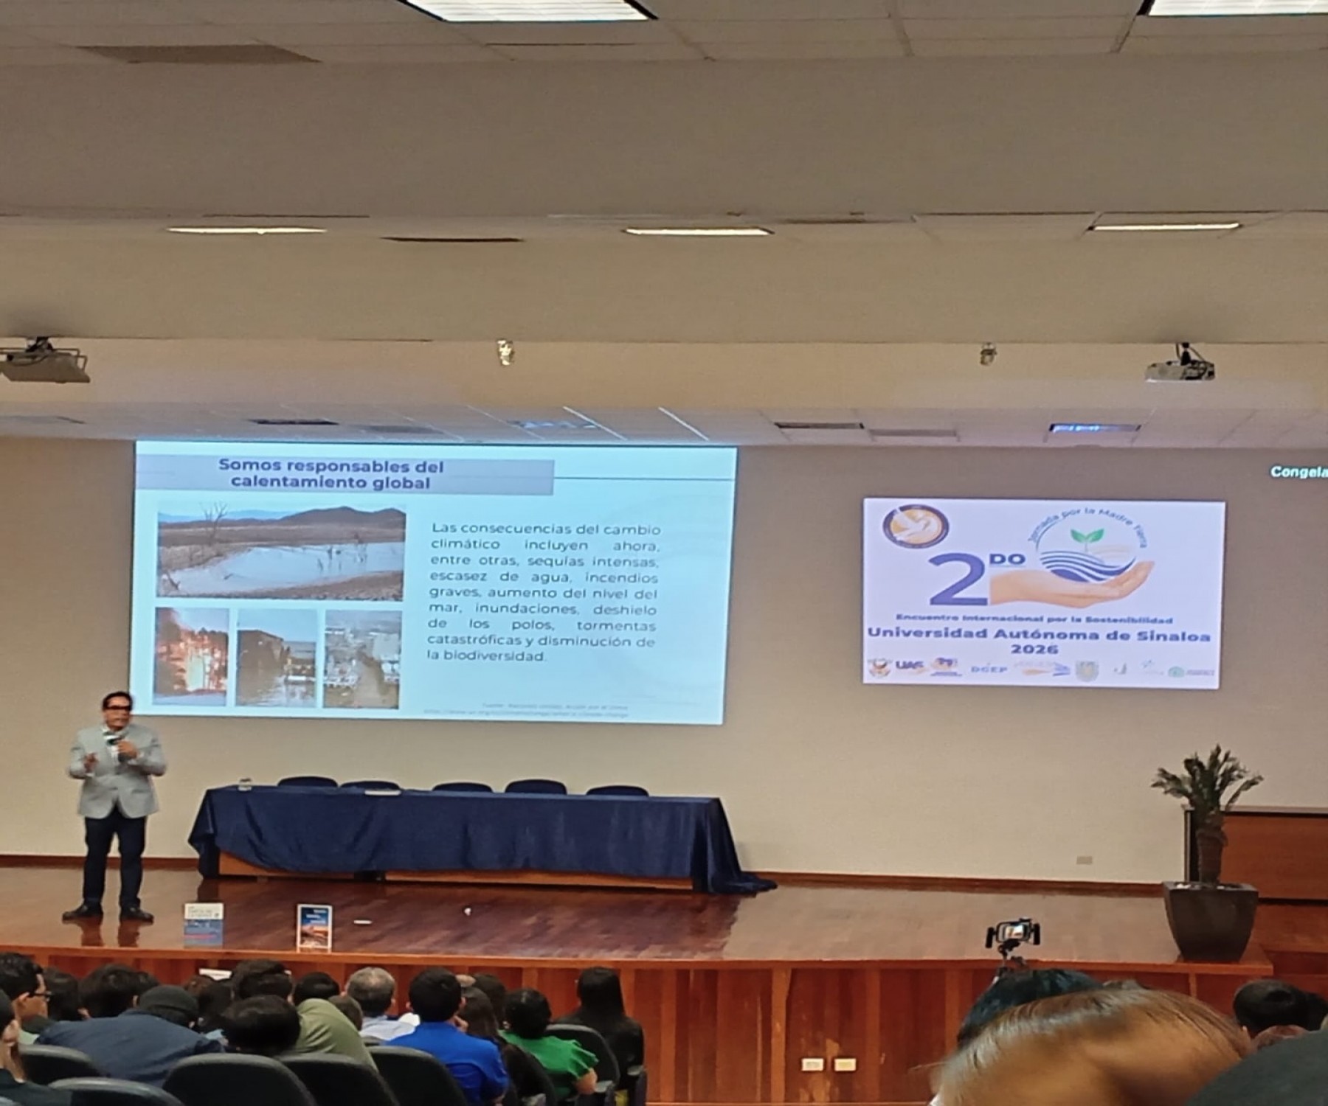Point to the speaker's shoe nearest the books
137,914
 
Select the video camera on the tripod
1013,933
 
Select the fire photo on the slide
191,655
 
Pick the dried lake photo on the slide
281,552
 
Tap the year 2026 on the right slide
1034,650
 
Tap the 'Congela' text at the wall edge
1298,472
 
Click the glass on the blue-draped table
245,785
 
